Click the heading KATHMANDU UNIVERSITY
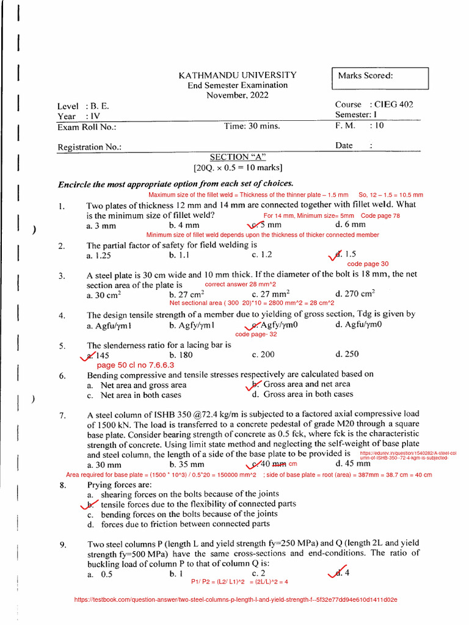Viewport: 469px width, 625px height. pos(237,75)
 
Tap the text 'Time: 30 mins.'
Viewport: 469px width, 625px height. pos(252,126)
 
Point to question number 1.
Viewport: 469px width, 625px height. pos(62,206)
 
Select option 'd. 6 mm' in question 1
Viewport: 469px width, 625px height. pos(350,225)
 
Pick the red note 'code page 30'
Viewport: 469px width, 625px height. pos(368,264)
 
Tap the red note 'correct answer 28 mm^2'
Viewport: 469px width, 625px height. pos(240,285)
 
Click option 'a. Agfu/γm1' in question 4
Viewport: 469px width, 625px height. pos(109,325)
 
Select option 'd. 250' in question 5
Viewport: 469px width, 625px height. pos(347,355)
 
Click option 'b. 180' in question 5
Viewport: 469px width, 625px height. pos(181,355)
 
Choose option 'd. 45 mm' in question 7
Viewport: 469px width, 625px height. pos(352,464)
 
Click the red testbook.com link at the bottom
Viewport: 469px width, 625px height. pos(235,600)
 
